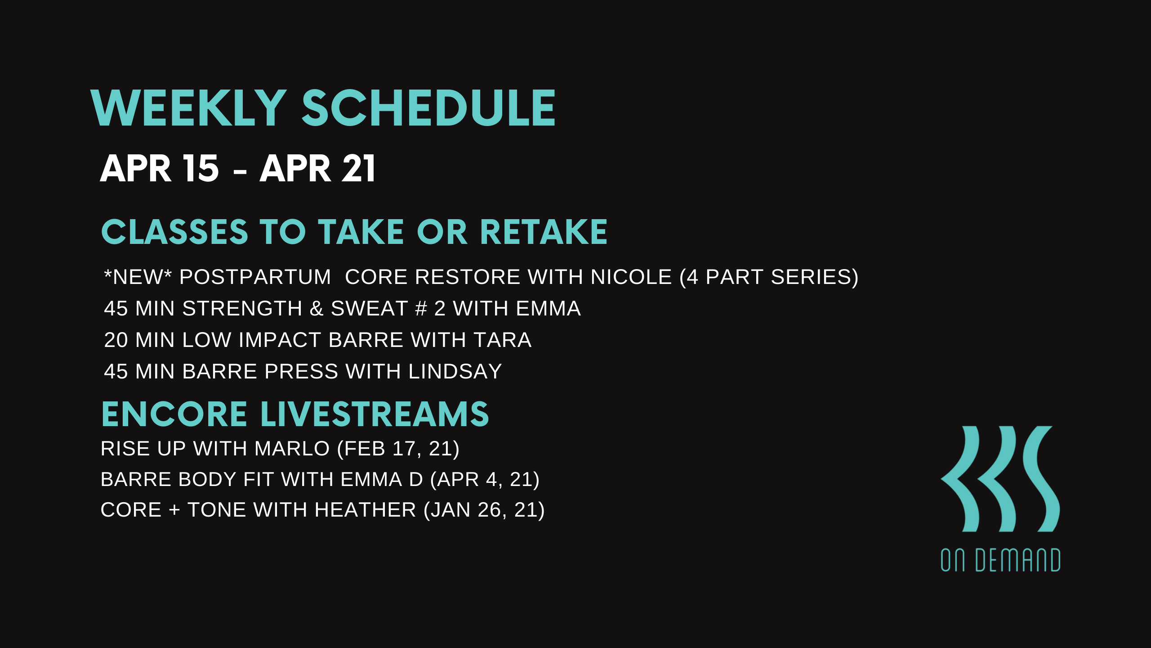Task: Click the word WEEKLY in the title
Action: click(188, 108)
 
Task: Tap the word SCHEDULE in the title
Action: click(428, 108)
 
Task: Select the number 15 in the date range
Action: click(201, 168)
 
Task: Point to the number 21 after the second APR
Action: click(358, 168)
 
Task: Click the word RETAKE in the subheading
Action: click(544, 232)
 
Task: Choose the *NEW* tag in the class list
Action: click(138, 277)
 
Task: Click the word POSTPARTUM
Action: click(255, 277)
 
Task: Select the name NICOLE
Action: click(631, 277)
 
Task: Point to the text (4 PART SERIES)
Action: click(769, 277)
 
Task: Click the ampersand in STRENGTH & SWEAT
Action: click(317, 309)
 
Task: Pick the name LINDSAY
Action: click(455, 372)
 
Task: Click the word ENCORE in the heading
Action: click(174, 414)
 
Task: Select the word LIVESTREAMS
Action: click(375, 414)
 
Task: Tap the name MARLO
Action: click(292, 449)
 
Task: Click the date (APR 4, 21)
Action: click(485, 480)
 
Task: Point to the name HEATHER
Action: click(365, 510)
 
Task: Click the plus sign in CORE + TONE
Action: click(174, 510)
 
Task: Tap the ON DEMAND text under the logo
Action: click(1000, 560)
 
